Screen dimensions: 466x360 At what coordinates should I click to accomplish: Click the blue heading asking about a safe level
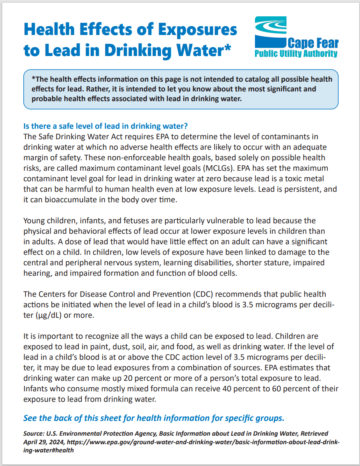106,126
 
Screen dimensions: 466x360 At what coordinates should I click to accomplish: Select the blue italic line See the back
154,418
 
